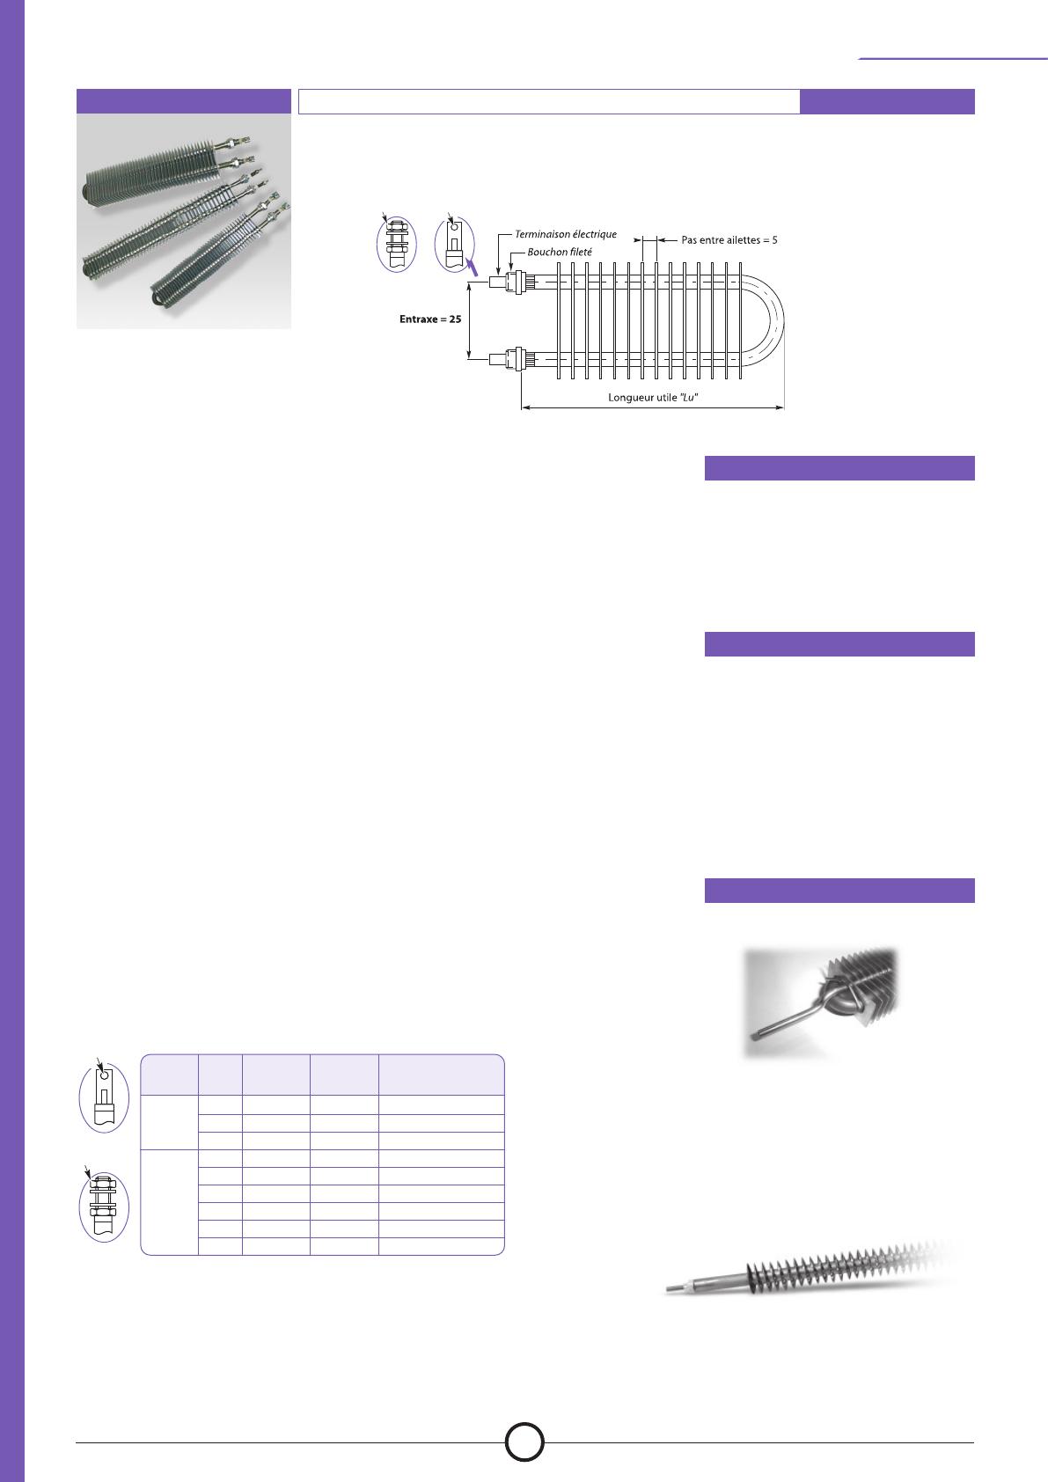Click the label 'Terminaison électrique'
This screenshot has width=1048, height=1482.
tap(566, 234)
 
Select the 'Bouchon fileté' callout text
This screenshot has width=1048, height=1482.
tap(560, 252)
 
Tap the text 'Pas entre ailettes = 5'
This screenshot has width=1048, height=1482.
tap(729, 240)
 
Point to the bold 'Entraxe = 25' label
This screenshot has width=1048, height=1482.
tap(430, 319)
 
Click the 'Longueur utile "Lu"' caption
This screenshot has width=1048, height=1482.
tap(653, 398)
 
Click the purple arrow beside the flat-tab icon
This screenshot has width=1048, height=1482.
tap(472, 267)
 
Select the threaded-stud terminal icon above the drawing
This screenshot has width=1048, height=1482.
tap(396, 244)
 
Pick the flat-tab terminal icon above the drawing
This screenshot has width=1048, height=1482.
tap(455, 244)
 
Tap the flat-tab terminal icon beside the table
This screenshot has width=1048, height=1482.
tap(104, 1099)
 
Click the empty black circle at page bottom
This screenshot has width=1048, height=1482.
tap(524, 1442)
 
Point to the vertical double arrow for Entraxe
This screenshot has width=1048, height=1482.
tap(469, 321)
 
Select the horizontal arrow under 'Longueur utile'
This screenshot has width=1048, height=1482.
tap(653, 408)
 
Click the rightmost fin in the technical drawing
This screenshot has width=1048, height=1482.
tap(740, 321)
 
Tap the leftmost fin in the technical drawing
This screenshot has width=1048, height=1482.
tap(559, 321)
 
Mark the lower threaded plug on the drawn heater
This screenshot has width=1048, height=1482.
tap(515, 359)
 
